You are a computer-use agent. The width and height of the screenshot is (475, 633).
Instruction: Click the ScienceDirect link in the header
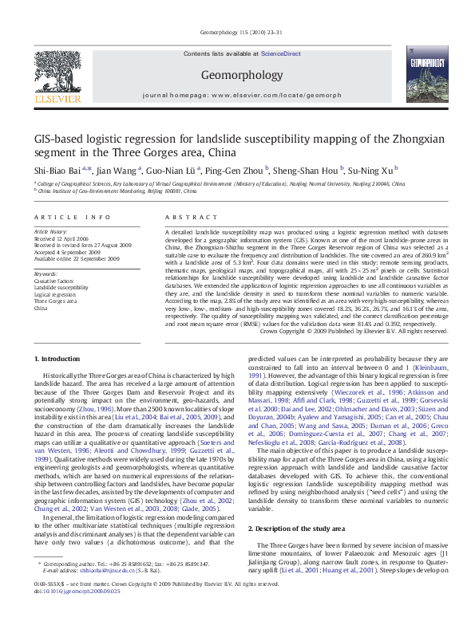pyautogui.click(x=281, y=53)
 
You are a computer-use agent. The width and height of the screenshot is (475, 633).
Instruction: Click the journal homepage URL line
pyautogui.click(x=237, y=94)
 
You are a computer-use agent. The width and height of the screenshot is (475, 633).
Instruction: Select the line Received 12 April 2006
pyautogui.click(x=61, y=238)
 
